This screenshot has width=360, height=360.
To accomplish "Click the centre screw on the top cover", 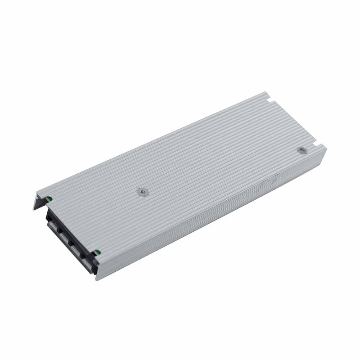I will point(142,192).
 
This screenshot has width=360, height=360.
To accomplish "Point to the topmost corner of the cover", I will point(265,93).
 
